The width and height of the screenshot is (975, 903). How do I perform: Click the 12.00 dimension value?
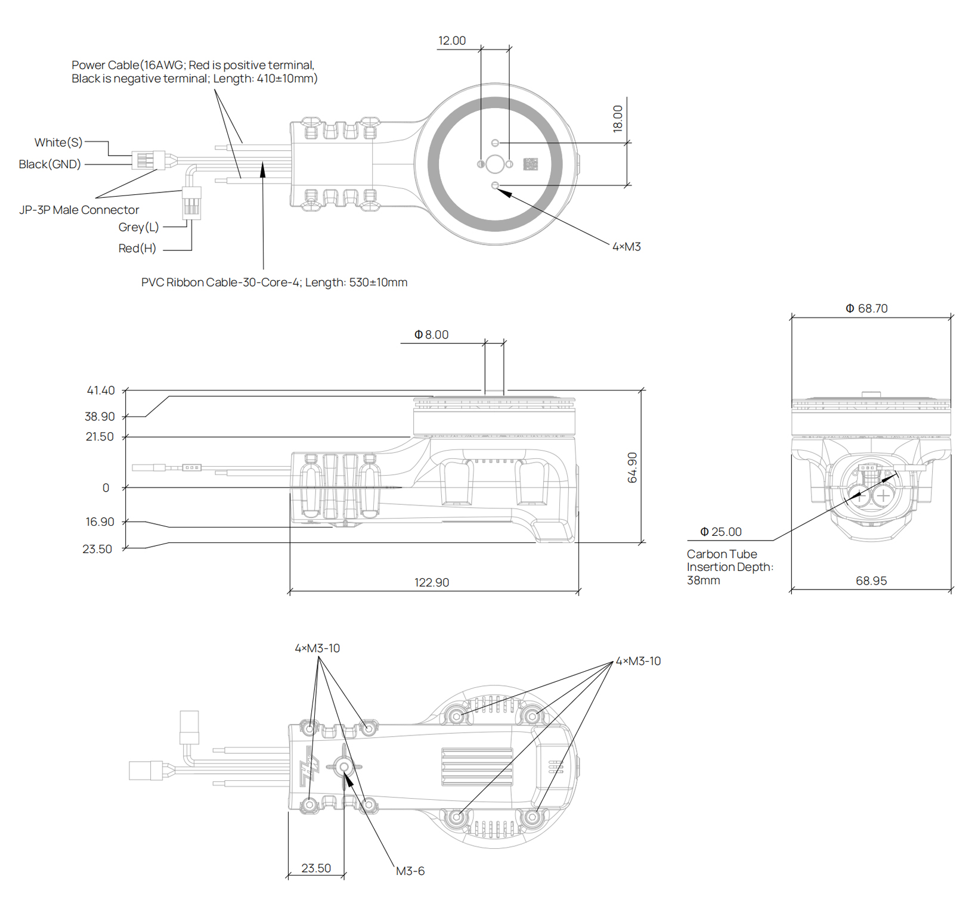451,41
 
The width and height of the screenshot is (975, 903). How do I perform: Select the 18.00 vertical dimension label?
617,118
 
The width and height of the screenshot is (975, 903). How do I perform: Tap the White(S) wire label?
58,142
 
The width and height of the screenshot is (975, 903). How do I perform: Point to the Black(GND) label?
49,164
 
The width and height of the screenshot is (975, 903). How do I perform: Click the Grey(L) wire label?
138,227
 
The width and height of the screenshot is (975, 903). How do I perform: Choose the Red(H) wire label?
137,248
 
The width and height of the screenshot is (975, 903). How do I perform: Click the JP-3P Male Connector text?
79,210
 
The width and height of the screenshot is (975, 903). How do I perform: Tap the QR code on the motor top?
530,164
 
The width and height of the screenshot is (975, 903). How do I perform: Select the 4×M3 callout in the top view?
626,247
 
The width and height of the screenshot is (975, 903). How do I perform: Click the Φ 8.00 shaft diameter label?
431,335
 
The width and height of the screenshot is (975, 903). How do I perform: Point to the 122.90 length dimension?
431,582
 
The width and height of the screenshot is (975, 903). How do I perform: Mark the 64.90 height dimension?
632,467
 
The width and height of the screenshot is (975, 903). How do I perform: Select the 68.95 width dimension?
871,581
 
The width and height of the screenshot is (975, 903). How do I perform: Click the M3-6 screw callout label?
410,871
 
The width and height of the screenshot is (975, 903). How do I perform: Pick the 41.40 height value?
100,390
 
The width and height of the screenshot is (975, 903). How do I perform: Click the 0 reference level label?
106,488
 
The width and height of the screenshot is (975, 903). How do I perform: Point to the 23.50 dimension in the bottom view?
315,868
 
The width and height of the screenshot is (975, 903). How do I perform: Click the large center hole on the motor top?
495,164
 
